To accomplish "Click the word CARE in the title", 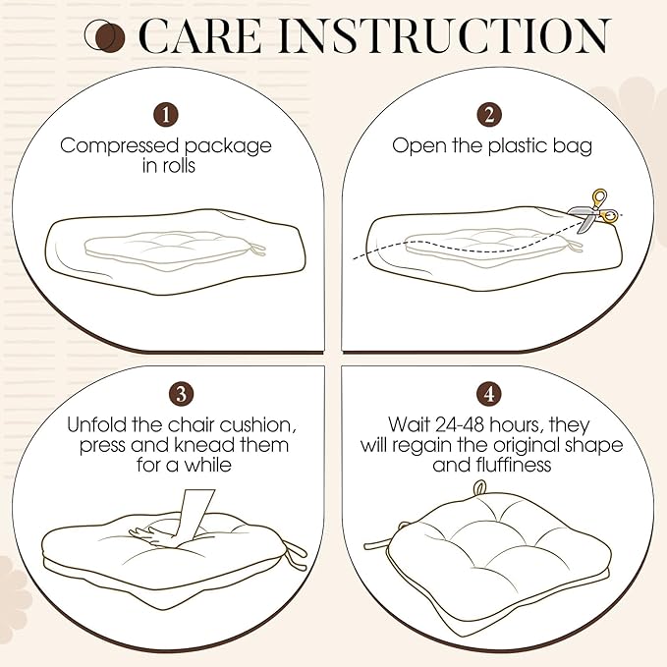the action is tap(200, 36).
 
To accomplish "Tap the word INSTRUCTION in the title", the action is tap(443, 36).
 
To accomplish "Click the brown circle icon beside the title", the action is tap(105, 36).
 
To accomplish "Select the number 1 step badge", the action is tap(166, 115).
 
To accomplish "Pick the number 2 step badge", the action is tap(489, 115).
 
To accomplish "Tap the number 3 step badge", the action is tap(181, 394).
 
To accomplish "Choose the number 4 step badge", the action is tap(489, 394).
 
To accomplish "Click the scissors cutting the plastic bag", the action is tap(594, 212).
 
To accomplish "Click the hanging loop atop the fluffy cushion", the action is tap(479, 488).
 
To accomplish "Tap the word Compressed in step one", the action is tap(119, 146).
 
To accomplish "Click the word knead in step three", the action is tap(204, 445).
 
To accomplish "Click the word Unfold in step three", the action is tap(96, 424).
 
